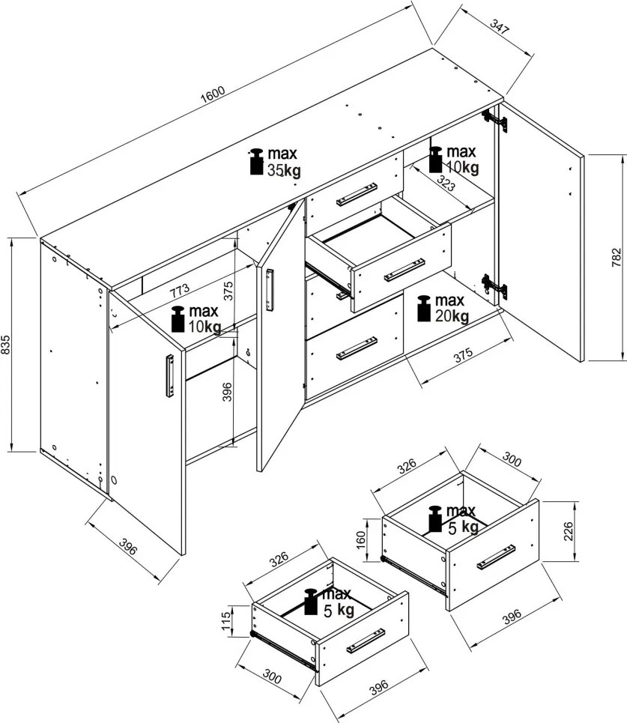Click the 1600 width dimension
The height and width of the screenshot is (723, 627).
click(213, 94)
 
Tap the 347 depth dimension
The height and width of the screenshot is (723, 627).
click(500, 27)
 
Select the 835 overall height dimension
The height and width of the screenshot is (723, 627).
click(5, 345)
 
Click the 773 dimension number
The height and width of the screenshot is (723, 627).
click(179, 291)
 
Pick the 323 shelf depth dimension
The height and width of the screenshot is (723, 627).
click(446, 183)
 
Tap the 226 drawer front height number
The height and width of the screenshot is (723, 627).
click(569, 531)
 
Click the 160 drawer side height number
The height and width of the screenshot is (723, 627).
click(361, 539)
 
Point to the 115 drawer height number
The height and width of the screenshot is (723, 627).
click(226, 621)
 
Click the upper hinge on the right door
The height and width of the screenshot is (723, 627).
click(494, 121)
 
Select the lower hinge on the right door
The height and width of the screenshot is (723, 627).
click(494, 286)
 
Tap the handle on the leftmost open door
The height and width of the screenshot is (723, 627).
click(170, 375)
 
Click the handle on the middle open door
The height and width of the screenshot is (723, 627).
click(270, 290)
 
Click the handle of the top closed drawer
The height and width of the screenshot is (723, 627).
click(357, 194)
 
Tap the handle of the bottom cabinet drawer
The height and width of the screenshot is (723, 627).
click(357, 348)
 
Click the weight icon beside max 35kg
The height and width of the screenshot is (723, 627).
click(256, 162)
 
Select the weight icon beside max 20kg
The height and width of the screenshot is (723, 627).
click(424, 309)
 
